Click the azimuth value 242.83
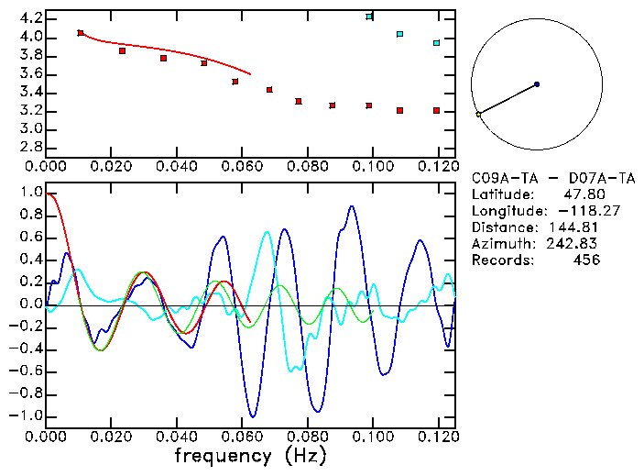(x=573, y=244)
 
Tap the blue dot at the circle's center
(x=537, y=84)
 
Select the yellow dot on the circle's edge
(x=478, y=115)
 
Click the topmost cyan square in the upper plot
(x=369, y=17)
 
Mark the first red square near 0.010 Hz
(x=81, y=33)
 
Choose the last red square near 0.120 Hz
(x=437, y=110)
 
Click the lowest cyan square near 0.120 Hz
(x=437, y=43)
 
